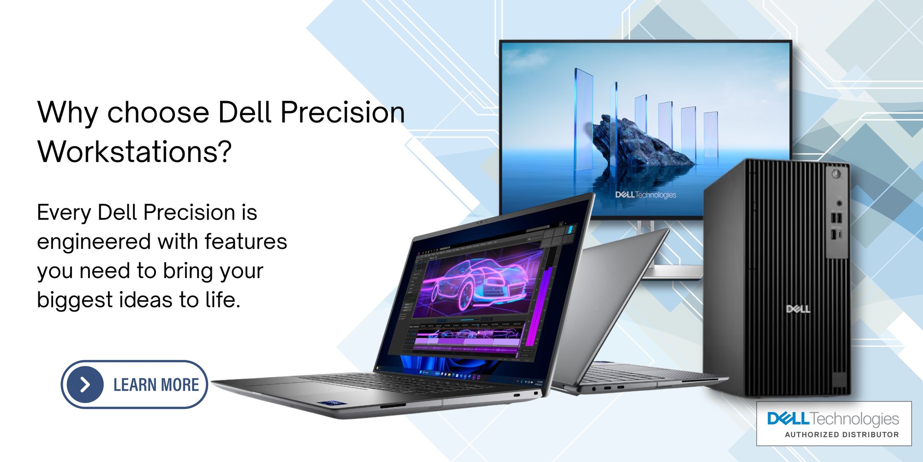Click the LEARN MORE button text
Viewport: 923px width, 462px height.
156,385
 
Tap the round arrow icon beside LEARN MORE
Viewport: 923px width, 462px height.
85,384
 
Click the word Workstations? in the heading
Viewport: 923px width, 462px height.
134,152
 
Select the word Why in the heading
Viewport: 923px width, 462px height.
67,113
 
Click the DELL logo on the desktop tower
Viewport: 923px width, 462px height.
798,309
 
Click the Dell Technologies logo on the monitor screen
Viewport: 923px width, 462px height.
645,195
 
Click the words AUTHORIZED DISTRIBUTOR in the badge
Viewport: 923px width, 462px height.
842,435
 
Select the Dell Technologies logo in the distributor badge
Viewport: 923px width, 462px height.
833,419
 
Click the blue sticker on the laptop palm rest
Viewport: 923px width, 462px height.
329,403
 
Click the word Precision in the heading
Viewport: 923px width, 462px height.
342,113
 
